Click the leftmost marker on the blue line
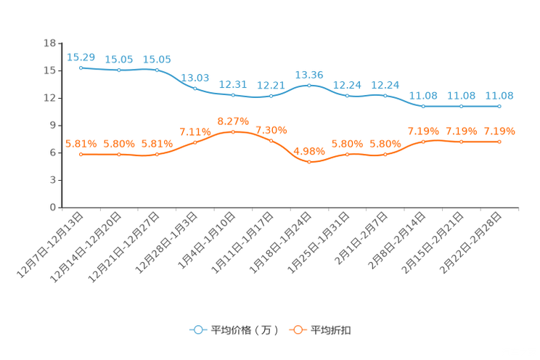point(81,67)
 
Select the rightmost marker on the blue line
point(499,107)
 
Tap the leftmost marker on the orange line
point(81,155)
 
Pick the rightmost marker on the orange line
point(499,142)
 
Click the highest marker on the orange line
point(233,131)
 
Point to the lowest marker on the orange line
point(309,162)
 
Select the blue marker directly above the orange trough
point(309,85)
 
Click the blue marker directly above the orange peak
point(233,96)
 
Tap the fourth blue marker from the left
point(195,88)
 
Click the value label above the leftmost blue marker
point(81,57)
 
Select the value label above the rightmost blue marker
point(499,96)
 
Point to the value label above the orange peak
point(233,120)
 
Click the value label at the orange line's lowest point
point(309,151)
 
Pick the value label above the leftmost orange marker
point(81,144)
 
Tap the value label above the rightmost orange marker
point(499,131)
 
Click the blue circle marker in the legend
point(197,330)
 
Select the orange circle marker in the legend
point(298,330)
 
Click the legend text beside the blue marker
point(245,330)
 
